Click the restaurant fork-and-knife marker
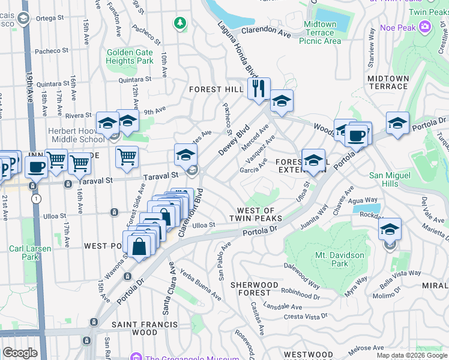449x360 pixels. (259, 89)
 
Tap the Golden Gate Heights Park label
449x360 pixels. (130, 56)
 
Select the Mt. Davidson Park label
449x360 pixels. (331, 259)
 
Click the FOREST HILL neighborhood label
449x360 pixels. (215, 89)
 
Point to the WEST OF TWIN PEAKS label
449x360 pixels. (256, 215)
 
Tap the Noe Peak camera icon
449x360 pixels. (425, 26)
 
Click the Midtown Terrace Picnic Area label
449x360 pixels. (324, 33)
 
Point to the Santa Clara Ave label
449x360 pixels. (166, 289)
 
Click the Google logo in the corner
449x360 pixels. (20, 353)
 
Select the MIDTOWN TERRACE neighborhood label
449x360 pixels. (388, 82)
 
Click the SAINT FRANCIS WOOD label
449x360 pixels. (135, 328)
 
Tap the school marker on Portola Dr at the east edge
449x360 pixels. (397, 124)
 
